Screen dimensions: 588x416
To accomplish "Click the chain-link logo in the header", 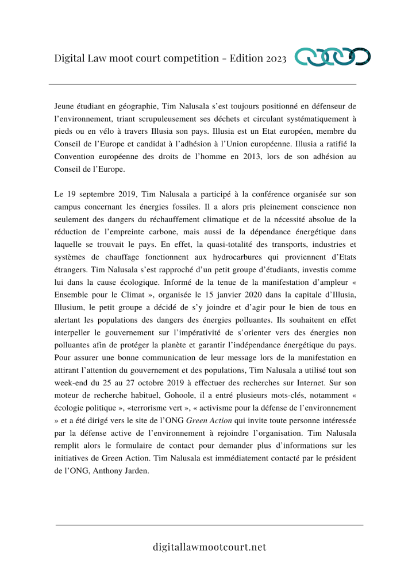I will (333, 57).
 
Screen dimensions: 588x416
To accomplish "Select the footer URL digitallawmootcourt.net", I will (209, 547).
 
